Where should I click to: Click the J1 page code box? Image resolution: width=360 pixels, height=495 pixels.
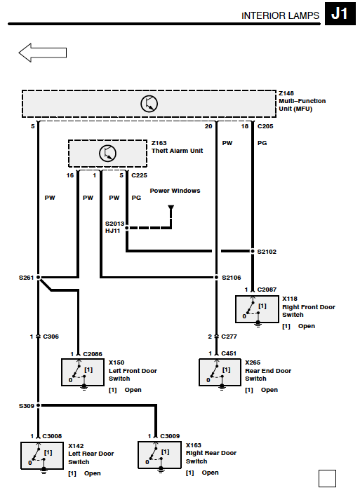tap(340, 13)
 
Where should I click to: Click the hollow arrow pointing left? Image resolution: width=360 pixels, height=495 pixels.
tap(43, 53)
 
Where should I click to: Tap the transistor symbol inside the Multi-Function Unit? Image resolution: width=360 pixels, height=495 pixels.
tap(149, 104)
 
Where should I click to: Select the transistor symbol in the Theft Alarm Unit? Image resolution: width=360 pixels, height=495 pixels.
tap(107, 153)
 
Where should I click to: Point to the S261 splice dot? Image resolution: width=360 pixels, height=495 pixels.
tap(38, 278)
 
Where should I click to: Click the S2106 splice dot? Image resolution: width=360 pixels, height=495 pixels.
tap(217, 278)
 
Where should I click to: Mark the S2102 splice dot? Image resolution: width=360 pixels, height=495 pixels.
tap(253, 251)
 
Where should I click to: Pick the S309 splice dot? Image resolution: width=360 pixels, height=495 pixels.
tap(38, 405)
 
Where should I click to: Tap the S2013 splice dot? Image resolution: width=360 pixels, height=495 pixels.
tap(127, 228)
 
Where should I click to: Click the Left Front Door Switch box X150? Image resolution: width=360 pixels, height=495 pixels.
tap(83, 372)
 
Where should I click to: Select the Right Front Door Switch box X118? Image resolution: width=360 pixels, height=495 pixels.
tap(258, 309)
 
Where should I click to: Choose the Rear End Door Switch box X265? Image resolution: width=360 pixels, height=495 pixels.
tap(220, 372)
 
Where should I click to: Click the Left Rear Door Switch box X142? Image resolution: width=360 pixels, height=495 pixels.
tap(42, 456)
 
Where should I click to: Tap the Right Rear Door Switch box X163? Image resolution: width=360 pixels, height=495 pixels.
tap(159, 455)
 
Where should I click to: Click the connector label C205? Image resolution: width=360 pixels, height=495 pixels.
tap(265, 126)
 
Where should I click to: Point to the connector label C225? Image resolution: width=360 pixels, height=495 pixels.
tap(140, 175)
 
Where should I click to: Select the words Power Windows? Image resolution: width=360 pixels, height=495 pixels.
tap(175, 191)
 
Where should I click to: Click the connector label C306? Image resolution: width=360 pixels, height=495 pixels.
tap(51, 337)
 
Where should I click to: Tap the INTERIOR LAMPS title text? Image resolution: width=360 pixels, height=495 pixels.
tap(281, 16)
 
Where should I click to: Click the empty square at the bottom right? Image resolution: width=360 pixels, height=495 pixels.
tap(327, 479)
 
